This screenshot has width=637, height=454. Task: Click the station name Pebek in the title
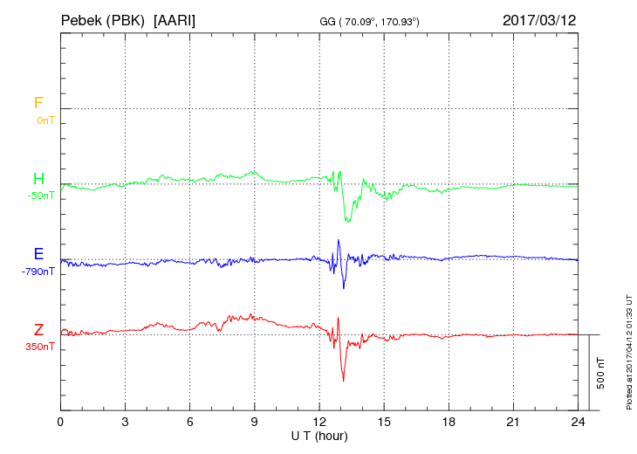[81, 19]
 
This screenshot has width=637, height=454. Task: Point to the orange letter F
[38, 103]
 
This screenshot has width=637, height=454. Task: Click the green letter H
[38, 179]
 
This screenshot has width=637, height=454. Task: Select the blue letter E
[38, 254]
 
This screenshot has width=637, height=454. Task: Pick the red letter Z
[38, 329]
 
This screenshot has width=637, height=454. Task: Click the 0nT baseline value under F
[45, 120]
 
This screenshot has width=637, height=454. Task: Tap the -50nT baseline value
[42, 196]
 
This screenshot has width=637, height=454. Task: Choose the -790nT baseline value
[39, 272]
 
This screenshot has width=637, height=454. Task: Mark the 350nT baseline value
[42, 347]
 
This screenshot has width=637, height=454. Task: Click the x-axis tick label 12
[319, 422]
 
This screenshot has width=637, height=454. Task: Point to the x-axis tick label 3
[125, 422]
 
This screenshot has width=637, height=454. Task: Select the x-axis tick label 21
[513, 422]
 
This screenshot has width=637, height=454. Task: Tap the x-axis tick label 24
[578, 422]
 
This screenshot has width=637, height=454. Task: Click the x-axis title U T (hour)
[319, 435]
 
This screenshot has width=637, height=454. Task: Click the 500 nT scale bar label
[600, 372]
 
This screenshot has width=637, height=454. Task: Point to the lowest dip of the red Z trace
[343, 381]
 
